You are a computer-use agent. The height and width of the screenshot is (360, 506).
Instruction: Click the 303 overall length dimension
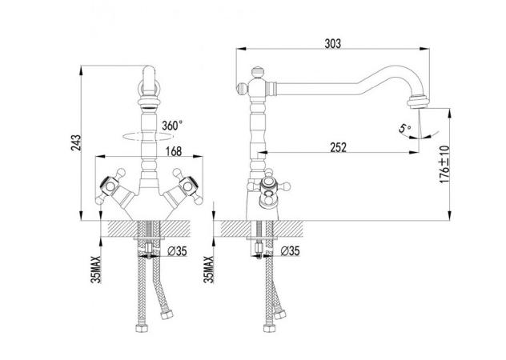pos(333,43)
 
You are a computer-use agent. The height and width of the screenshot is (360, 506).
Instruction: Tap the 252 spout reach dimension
pos(338,147)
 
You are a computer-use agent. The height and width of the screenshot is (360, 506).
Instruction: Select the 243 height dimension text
pos(77,143)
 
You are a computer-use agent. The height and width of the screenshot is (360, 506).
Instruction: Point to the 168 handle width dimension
pos(174,151)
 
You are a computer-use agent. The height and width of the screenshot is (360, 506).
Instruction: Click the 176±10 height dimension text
pos(444,164)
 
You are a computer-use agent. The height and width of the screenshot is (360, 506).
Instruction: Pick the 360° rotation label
pos(172,125)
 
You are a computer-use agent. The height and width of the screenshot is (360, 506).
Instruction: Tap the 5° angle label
pos(404,128)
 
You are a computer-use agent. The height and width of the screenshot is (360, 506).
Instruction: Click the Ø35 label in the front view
pos(178,251)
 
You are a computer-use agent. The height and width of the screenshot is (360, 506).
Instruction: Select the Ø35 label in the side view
pos(290,250)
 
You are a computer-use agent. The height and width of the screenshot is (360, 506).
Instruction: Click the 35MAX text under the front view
pos(96,270)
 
